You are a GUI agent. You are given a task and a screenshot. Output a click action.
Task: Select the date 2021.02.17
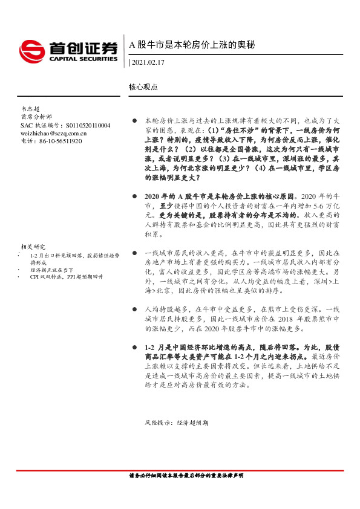[x=149, y=62]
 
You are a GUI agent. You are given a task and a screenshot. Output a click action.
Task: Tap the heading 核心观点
[x=143, y=86]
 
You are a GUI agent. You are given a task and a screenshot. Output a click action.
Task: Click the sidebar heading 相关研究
[x=33, y=247]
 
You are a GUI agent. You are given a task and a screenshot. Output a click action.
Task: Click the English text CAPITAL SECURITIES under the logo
[x=83, y=59]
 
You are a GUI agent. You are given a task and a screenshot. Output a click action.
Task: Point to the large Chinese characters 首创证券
[x=83, y=47]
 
